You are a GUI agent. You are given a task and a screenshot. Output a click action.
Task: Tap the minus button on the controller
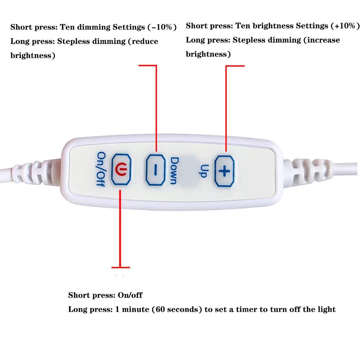[156, 170]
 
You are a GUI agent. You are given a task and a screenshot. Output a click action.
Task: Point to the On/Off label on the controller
[101, 168]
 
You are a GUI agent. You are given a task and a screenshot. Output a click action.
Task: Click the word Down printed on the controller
[174, 171]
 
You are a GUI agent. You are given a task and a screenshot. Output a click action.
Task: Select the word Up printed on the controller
[203, 171]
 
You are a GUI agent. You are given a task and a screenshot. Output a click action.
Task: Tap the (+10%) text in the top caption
[345, 26]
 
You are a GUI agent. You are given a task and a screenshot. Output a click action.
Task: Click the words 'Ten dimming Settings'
[103, 27]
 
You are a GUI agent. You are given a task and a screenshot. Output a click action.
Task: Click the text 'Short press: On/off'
[105, 296]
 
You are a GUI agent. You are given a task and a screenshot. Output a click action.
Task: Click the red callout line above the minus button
[156, 108]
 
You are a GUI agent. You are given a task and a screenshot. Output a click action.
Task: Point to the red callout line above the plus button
[226, 108]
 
